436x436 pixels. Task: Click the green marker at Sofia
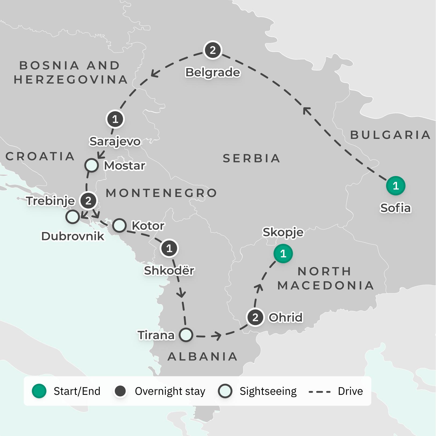(x=395, y=186)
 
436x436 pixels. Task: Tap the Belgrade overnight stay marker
(x=212, y=50)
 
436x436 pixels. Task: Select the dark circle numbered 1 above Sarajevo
(x=115, y=119)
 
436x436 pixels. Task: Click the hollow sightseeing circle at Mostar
(x=91, y=165)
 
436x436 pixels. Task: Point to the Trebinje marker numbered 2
(x=88, y=201)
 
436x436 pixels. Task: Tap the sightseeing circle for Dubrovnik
(x=73, y=217)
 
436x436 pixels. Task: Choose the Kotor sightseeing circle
(x=119, y=226)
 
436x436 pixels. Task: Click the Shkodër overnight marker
(x=169, y=248)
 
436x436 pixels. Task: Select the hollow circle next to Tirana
(x=186, y=335)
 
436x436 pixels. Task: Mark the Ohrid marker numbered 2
(x=255, y=317)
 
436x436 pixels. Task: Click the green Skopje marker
(x=283, y=254)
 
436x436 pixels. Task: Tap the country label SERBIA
(x=251, y=158)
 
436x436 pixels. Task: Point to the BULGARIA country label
(x=390, y=135)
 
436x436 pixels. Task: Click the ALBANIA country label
(x=203, y=357)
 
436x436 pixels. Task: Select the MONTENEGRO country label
(x=161, y=193)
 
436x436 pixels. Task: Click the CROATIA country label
(x=40, y=156)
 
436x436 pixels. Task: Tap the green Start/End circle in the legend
(x=39, y=391)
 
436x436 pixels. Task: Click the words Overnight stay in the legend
(x=170, y=391)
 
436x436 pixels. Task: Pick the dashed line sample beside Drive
(x=320, y=392)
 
